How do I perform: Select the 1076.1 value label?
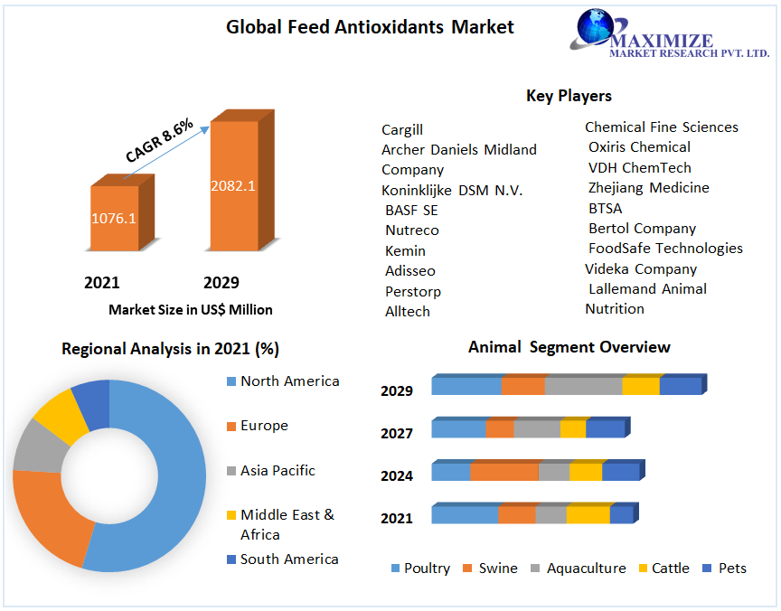pos(114,218)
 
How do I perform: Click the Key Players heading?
pos(569,96)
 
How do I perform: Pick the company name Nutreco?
pos(411,230)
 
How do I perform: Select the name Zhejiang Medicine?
pos(648,188)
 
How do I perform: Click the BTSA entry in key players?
pos(605,208)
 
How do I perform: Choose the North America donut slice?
pos(172,470)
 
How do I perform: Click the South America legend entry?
pos(288,559)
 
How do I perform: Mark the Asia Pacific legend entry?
pos(289,471)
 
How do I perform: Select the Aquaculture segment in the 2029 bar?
pos(583,386)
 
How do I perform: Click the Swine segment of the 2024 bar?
pos(503,472)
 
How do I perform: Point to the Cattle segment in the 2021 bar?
pos(588,514)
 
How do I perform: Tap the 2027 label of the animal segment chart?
pos(397,434)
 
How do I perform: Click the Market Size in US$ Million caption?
pos(190,310)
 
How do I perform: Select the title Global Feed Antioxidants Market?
pos(370,27)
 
